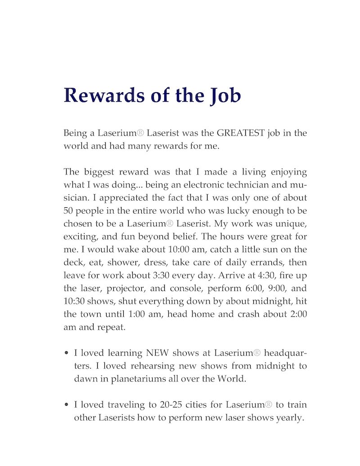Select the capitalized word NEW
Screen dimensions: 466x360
pos(157,353)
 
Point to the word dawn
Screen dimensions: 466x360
pos(84,379)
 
